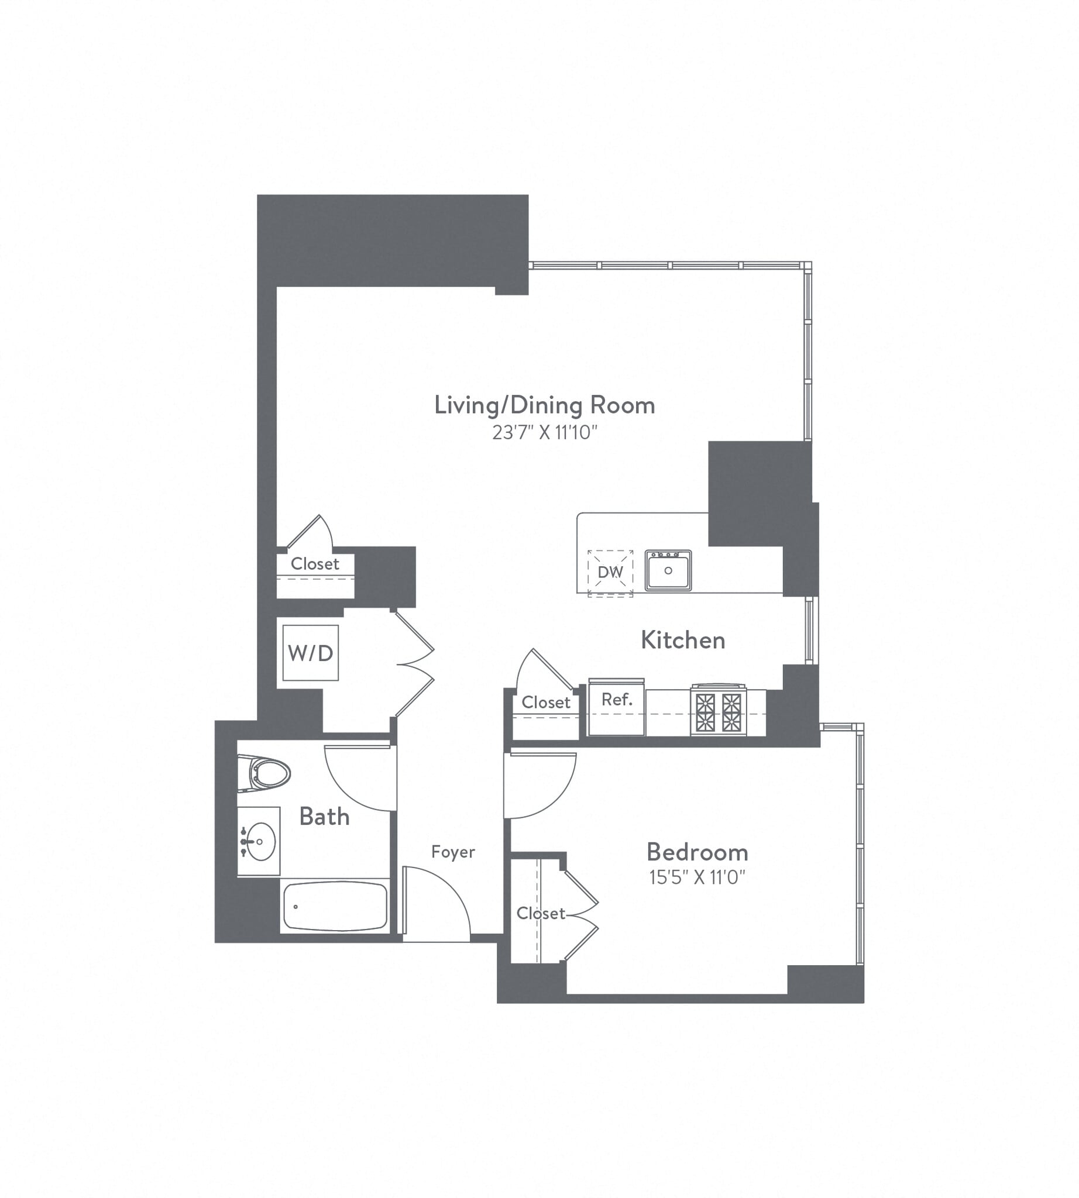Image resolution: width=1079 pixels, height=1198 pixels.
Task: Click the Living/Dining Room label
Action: (x=544, y=405)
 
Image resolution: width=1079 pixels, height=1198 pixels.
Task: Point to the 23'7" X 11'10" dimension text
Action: (x=544, y=433)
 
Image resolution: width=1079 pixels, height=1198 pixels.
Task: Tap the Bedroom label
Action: (x=697, y=852)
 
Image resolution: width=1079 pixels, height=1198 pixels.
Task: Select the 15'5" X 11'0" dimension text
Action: (x=697, y=877)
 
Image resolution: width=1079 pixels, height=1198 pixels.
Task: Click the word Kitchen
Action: (x=683, y=640)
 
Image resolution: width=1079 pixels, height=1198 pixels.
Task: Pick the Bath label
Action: (x=324, y=817)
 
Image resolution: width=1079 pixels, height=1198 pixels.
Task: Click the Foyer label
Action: (x=453, y=852)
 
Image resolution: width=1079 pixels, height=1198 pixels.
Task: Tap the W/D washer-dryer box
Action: (x=311, y=653)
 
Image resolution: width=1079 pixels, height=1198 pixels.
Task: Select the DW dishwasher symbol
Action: (x=610, y=572)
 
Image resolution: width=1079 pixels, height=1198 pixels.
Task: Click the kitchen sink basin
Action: (x=668, y=572)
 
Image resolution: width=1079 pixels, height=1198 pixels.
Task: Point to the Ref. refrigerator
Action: (x=617, y=706)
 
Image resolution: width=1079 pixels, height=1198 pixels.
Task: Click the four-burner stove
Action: (x=718, y=711)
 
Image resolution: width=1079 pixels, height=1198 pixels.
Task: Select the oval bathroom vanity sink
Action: (x=260, y=841)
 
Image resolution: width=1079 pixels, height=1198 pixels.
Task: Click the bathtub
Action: (x=335, y=906)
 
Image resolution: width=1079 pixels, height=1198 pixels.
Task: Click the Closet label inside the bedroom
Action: (x=540, y=914)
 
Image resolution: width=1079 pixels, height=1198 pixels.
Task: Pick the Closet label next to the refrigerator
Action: (x=546, y=703)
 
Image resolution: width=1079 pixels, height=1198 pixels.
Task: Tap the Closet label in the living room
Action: (x=315, y=564)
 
